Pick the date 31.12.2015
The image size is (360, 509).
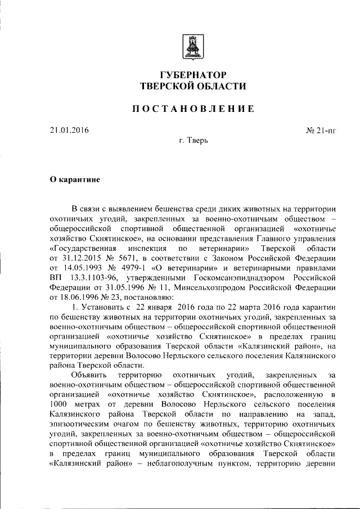pyautogui.click(x=79, y=258)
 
